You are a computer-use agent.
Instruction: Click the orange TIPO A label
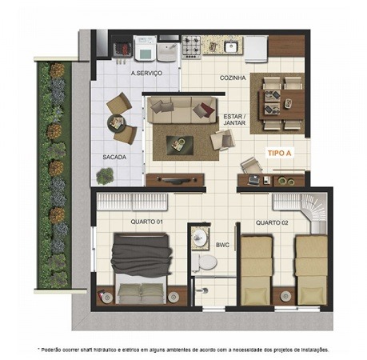click(279, 153)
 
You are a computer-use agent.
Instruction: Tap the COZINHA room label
click(233, 78)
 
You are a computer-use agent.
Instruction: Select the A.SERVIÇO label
click(146, 73)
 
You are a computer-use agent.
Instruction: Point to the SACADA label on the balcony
click(114, 157)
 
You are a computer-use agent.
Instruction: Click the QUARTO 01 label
click(146, 222)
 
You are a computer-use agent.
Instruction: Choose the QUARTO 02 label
click(272, 222)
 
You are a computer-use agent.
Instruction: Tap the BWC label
click(222, 245)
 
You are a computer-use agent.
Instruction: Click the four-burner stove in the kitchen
click(191, 47)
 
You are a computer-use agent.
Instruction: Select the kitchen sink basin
click(230, 47)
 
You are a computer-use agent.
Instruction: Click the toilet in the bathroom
click(205, 262)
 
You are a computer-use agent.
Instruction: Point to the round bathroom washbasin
click(199, 237)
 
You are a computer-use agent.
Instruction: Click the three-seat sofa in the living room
click(182, 110)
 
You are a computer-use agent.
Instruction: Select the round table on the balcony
click(116, 123)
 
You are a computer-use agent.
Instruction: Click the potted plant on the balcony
click(105, 175)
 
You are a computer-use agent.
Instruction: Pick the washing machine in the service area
click(145, 49)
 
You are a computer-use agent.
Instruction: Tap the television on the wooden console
click(175, 180)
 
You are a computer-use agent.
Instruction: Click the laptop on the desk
click(253, 180)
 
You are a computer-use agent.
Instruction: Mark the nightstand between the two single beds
click(285, 296)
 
